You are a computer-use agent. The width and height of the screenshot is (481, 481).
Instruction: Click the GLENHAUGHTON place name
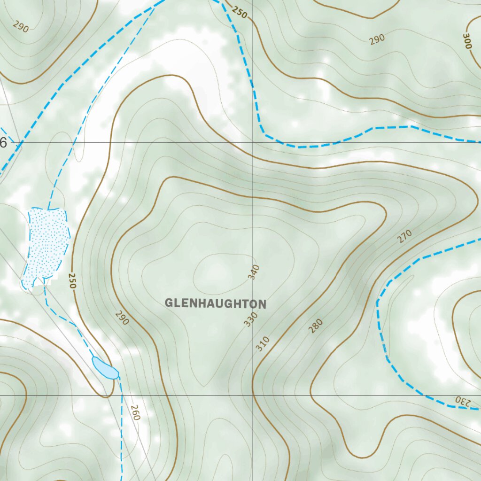(x=216, y=303)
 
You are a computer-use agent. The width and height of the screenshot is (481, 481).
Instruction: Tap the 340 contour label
(x=254, y=272)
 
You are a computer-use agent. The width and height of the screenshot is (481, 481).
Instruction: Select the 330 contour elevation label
(x=251, y=319)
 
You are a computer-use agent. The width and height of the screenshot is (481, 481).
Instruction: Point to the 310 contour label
(x=263, y=344)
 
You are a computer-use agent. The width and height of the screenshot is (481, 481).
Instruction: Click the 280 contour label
(x=316, y=326)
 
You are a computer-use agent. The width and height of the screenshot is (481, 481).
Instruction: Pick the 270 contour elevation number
(x=404, y=235)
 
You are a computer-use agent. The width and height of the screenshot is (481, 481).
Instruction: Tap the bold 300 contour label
(x=467, y=41)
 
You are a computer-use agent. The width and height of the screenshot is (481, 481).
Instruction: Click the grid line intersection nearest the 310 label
(x=253, y=395)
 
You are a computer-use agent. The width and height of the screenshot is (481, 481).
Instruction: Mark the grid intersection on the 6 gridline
(x=253, y=142)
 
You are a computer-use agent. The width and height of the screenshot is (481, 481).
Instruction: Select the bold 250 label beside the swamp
(x=72, y=280)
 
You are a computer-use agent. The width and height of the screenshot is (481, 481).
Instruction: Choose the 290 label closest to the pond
(x=121, y=318)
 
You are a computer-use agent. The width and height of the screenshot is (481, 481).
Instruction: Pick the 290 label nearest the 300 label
(x=377, y=39)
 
